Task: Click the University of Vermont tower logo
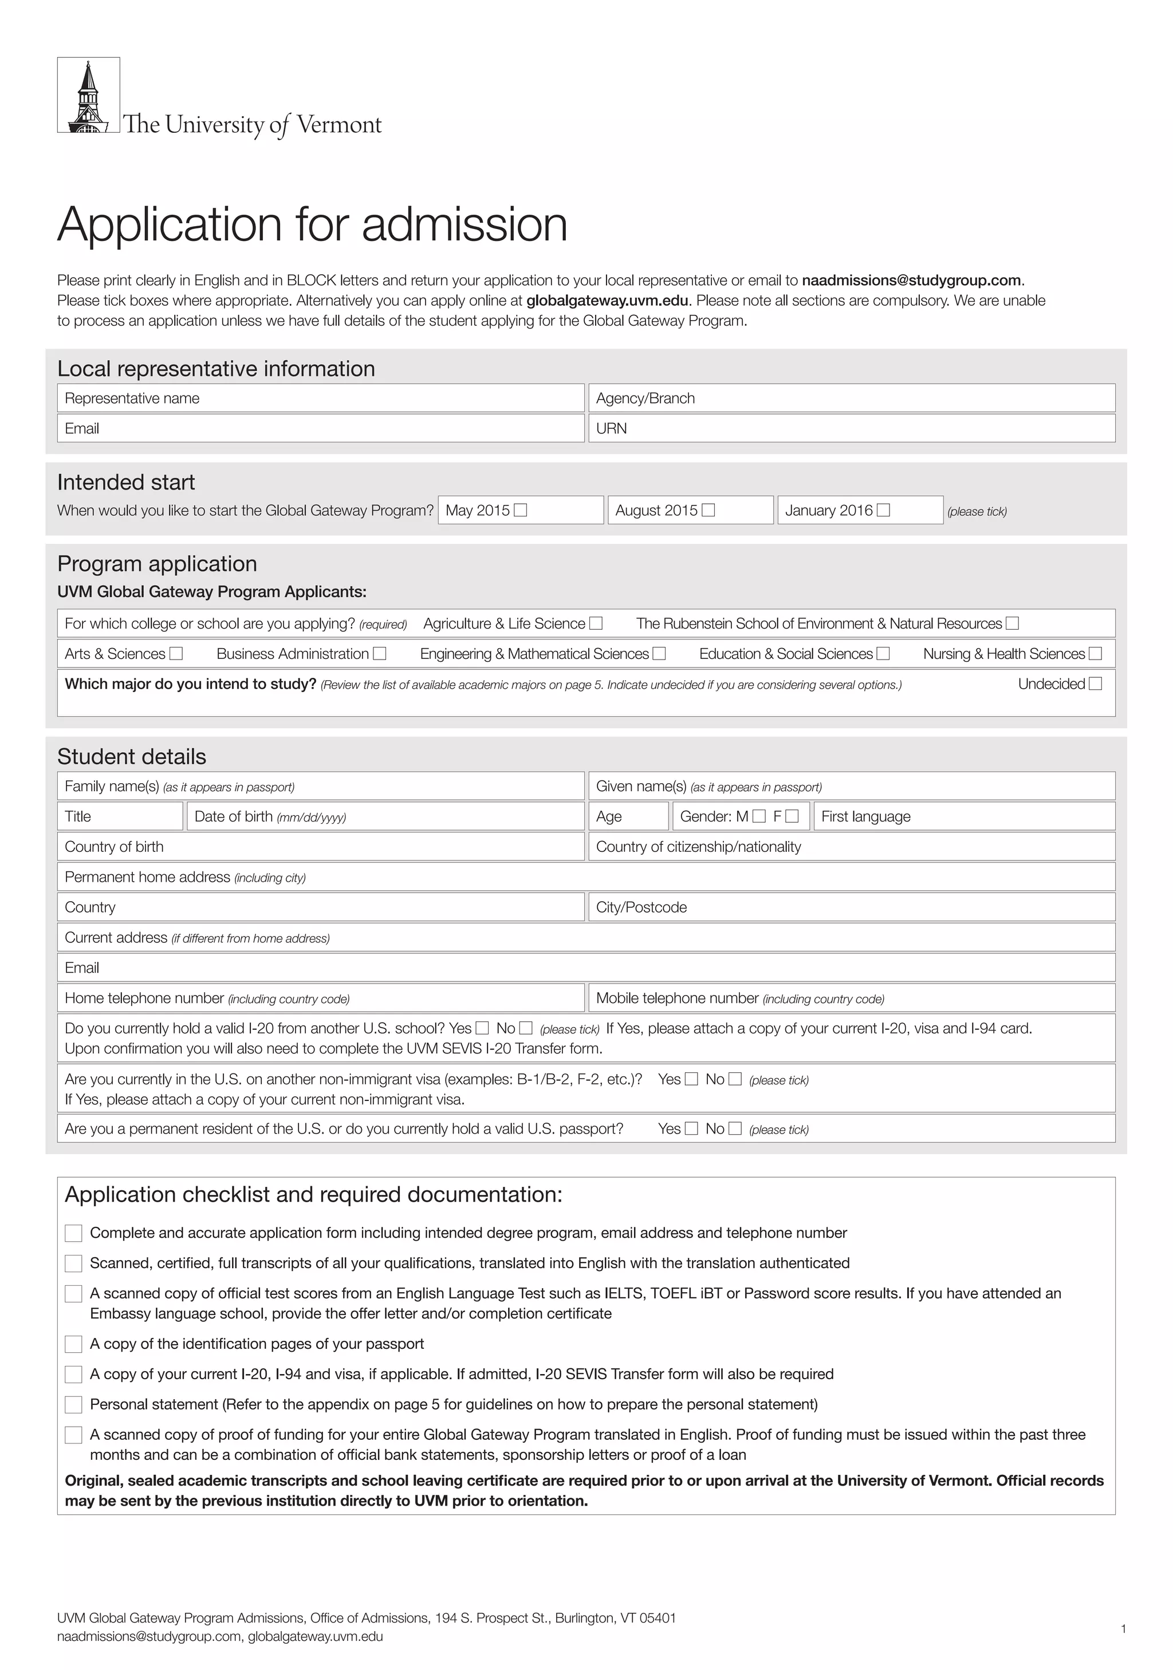[x=88, y=95]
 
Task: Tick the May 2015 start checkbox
[x=520, y=510]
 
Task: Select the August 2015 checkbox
[x=708, y=510]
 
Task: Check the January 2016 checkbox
[x=883, y=510]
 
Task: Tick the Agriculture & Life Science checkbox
[x=596, y=623]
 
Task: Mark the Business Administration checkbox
[x=379, y=653]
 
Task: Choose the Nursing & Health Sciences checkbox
[x=1095, y=653]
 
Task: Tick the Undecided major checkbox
[x=1095, y=684]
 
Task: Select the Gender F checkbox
[x=793, y=816]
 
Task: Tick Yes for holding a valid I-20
[x=482, y=1028]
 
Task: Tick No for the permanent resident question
[x=735, y=1128]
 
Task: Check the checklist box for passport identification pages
[x=73, y=1344]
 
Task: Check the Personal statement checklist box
[x=73, y=1404]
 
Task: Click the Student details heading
[x=132, y=756]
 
